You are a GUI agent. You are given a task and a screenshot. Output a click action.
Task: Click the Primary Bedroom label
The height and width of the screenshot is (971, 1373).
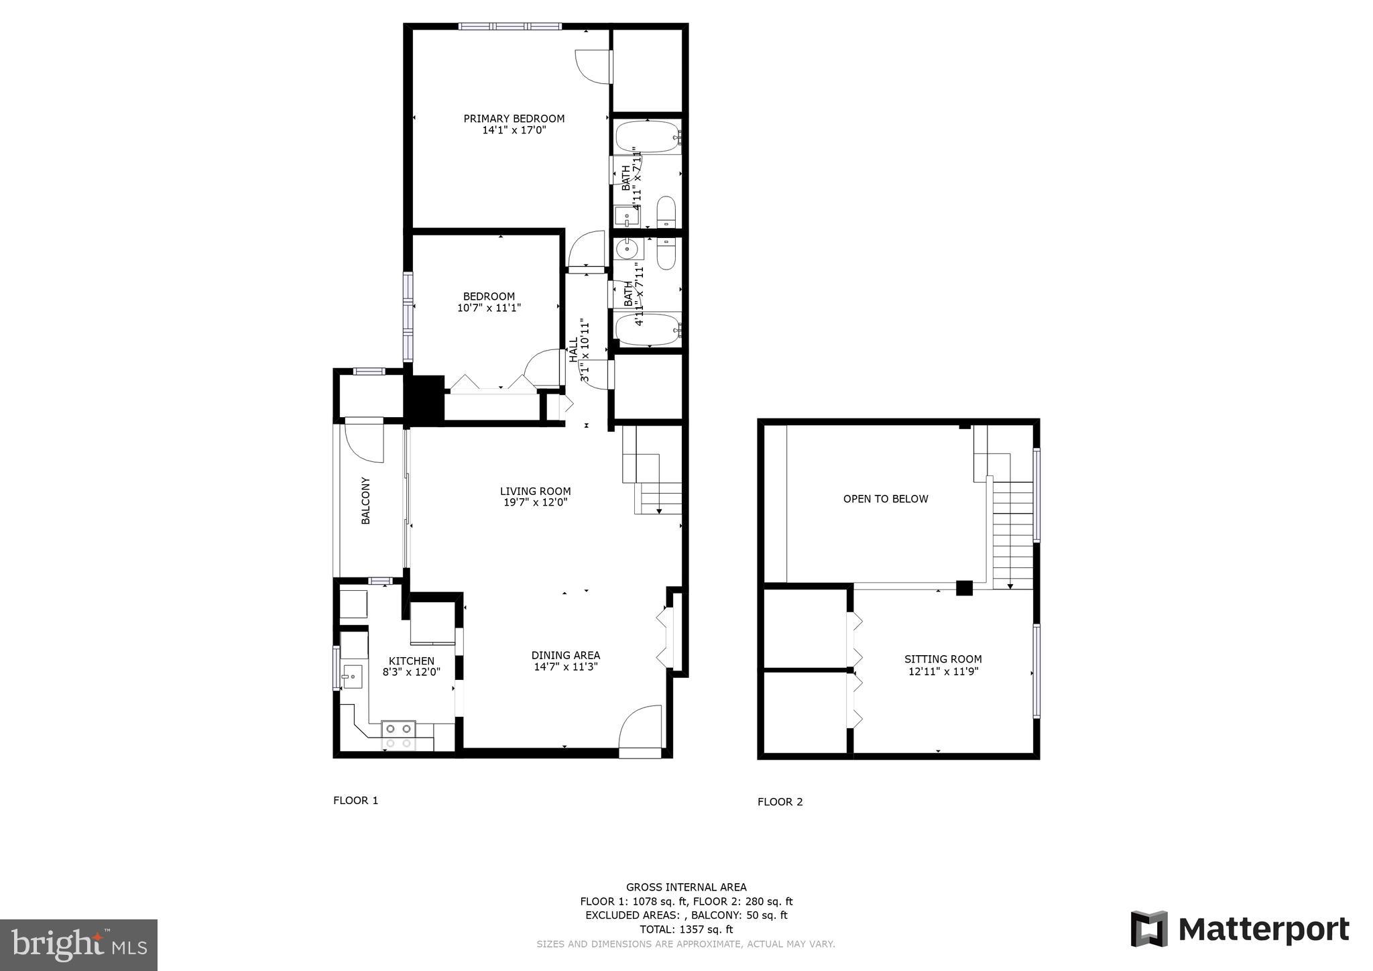click(x=514, y=119)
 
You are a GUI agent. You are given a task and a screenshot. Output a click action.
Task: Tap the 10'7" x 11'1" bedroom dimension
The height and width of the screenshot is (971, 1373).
click(x=489, y=308)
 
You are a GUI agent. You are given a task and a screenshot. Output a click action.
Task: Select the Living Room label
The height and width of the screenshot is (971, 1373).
click(x=535, y=491)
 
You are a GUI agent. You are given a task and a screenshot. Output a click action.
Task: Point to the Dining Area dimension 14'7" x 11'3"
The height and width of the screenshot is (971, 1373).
click(x=566, y=667)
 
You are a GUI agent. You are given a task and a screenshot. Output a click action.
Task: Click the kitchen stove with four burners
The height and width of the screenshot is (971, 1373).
click(x=398, y=736)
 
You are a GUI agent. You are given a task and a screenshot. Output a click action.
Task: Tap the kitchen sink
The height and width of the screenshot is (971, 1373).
click(x=351, y=677)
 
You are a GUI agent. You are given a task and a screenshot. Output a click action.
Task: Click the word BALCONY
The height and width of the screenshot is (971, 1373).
click(x=366, y=501)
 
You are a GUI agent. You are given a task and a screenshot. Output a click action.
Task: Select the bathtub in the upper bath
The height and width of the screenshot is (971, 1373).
click(x=648, y=137)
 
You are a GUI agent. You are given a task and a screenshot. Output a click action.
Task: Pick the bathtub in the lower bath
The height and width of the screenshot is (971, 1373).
click(x=648, y=330)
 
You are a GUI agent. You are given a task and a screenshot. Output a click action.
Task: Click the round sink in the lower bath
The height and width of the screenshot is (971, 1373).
click(x=628, y=249)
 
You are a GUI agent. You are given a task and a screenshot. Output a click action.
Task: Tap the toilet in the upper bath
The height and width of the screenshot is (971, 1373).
click(x=666, y=212)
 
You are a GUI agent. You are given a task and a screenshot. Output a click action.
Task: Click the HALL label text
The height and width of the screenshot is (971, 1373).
click(x=574, y=350)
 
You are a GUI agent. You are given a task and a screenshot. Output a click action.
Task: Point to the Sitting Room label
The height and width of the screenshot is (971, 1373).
click(x=943, y=659)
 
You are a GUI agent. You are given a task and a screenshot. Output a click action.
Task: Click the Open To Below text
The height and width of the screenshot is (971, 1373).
click(x=885, y=499)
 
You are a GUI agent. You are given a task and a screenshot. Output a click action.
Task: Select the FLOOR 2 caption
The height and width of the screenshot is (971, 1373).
click(x=780, y=802)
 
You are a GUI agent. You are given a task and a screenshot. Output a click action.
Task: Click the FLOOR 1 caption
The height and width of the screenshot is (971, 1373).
click(x=355, y=801)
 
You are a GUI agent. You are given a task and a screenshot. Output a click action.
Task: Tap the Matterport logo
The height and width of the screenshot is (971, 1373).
click(x=1240, y=929)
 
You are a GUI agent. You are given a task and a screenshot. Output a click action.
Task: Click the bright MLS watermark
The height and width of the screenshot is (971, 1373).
click(x=78, y=945)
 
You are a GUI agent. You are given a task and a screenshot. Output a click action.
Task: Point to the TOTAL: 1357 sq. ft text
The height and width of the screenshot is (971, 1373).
click(x=686, y=929)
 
